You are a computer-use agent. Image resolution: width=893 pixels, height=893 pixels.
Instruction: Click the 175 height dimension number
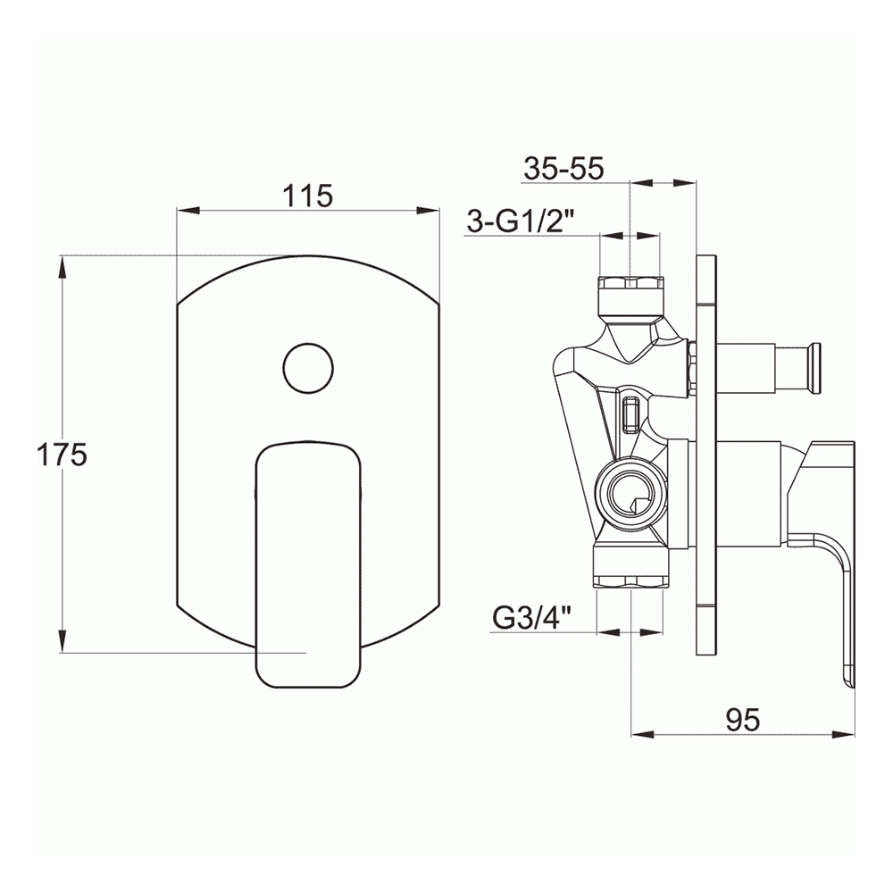(62, 455)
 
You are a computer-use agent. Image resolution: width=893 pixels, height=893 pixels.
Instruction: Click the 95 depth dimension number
(741, 719)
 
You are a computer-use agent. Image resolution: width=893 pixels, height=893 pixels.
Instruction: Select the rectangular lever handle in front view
(308, 563)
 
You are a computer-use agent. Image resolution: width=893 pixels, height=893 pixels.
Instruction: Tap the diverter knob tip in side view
(814, 369)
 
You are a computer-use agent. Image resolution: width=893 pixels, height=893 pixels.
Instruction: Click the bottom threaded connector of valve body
(631, 570)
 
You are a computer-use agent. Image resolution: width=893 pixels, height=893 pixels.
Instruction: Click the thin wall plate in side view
(705, 455)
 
